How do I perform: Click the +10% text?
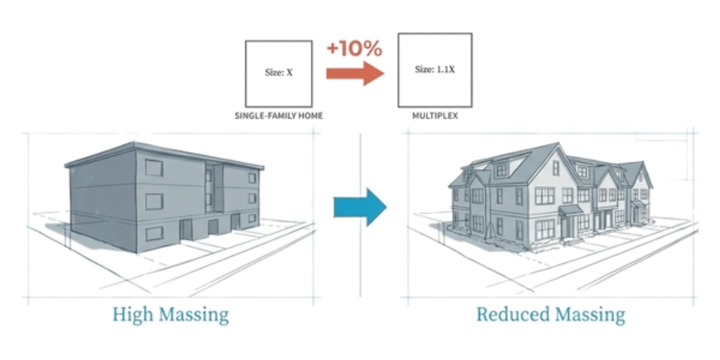(354, 48)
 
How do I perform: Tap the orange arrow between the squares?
(355, 73)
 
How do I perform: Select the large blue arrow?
(361, 207)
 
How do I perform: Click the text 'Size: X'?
(279, 73)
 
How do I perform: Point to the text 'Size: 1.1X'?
(435, 69)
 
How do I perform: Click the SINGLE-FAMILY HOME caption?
(279, 116)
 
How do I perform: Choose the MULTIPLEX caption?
(435, 116)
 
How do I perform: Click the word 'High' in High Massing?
(133, 315)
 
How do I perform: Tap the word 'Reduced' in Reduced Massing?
(513, 314)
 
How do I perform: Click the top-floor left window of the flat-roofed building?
(154, 168)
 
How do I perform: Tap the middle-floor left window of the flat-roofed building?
(154, 202)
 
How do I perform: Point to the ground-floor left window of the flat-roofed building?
(154, 234)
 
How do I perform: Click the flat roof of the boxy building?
(164, 156)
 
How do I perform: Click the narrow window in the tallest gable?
(556, 168)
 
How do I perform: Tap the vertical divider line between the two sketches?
(361, 215)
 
